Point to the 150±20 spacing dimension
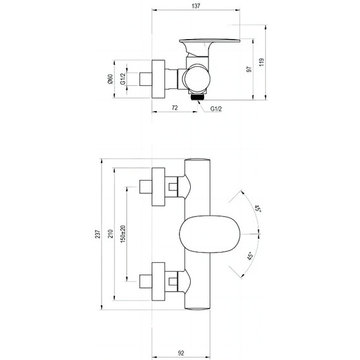(124, 234)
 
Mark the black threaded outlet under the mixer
(198, 96)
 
